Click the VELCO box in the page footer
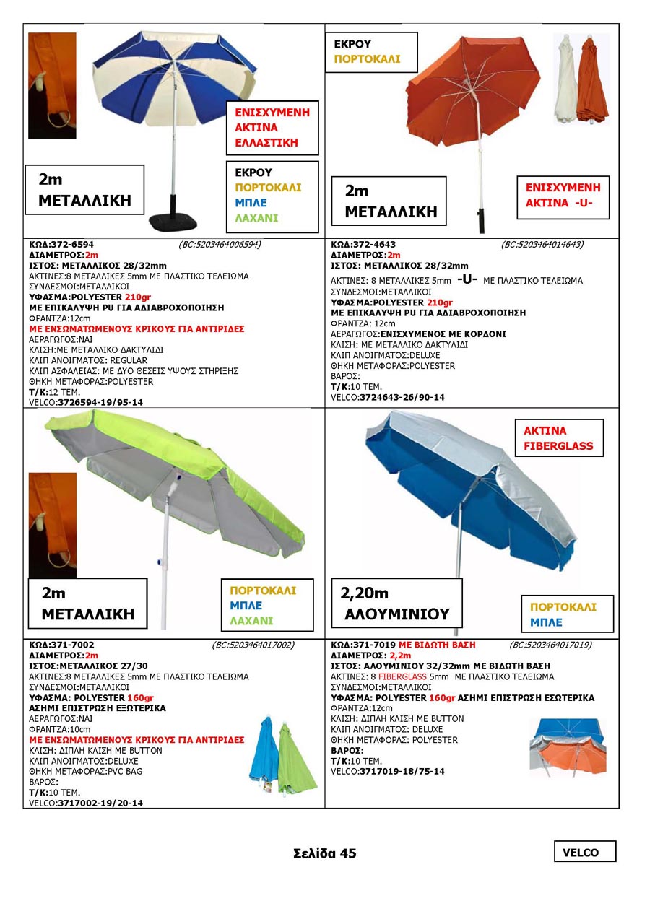click(584, 852)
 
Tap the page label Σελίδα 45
click(325, 853)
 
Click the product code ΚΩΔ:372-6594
click(61, 244)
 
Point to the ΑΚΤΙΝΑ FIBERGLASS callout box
click(558, 438)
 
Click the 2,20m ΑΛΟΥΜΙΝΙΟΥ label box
click(396, 604)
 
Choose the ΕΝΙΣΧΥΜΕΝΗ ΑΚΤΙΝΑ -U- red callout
click(563, 195)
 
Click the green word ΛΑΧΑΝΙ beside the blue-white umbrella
click(256, 218)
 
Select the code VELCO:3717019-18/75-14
click(387, 772)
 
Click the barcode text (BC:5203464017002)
click(253, 645)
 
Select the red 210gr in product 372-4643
click(440, 302)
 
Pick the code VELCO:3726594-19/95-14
click(86, 402)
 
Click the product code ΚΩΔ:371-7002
click(61, 645)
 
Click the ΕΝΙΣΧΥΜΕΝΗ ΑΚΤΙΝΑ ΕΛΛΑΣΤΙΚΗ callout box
click(272, 128)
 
